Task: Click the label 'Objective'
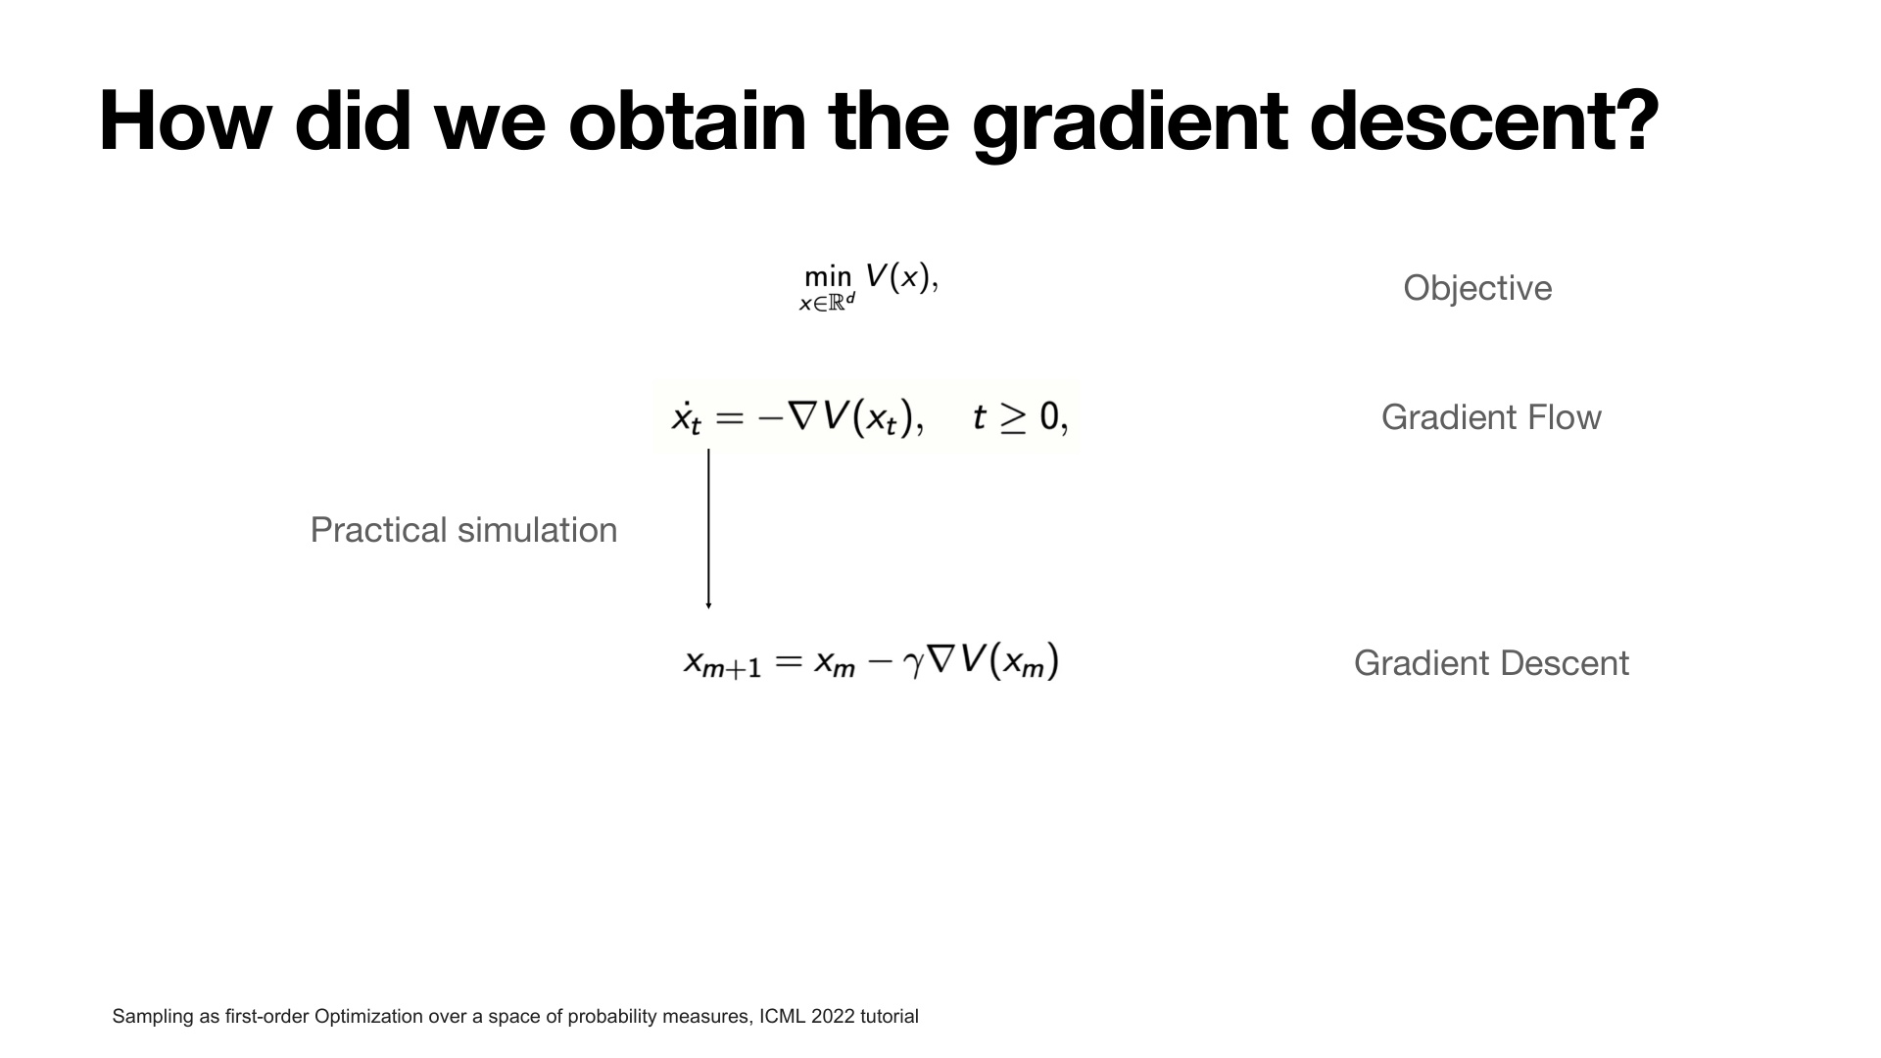pos(1477,288)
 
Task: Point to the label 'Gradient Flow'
pos(1491,417)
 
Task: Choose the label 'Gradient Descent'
pos(1491,663)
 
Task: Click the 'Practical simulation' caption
pos(463,530)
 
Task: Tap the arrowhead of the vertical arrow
pos(708,605)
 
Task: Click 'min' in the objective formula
pos(828,279)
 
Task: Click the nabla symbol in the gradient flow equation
pos(802,418)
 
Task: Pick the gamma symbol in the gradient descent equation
pos(914,666)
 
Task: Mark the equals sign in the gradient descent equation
pos(789,662)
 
